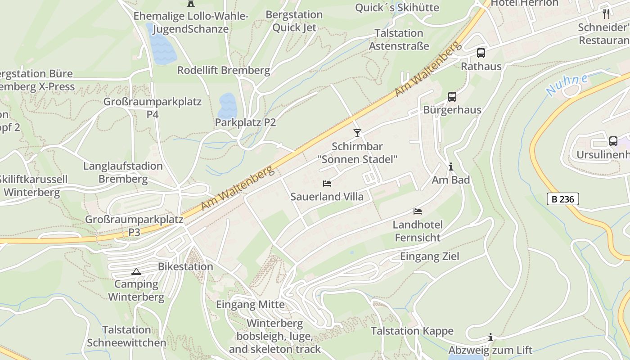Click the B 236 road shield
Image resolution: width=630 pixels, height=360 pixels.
(x=562, y=199)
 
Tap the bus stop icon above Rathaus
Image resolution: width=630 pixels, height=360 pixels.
(x=481, y=53)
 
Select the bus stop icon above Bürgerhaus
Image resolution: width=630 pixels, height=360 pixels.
(x=452, y=97)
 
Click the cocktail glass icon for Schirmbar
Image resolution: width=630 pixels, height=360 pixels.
(x=357, y=133)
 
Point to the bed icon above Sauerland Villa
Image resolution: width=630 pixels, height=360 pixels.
(x=327, y=184)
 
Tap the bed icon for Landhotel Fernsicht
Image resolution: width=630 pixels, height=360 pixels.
(x=418, y=211)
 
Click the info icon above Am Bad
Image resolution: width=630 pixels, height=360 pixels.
(x=451, y=167)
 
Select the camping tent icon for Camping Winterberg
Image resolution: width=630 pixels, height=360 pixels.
(x=136, y=271)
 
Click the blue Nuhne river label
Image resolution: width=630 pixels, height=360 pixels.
(x=567, y=85)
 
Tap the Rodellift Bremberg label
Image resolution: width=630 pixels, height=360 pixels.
(x=224, y=71)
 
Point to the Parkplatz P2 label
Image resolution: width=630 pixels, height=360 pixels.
(x=245, y=122)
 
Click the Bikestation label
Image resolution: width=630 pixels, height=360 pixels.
(x=185, y=266)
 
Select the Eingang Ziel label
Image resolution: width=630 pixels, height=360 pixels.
(x=430, y=256)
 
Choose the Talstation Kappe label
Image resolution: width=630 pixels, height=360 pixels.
(x=412, y=331)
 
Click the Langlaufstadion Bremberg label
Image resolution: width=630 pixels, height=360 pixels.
(x=123, y=172)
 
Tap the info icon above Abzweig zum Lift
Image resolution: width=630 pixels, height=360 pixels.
(x=490, y=337)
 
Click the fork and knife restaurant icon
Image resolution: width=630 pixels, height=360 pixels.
(x=606, y=14)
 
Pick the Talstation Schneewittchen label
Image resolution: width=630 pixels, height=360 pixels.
(x=126, y=336)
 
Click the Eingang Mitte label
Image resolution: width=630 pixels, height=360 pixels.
(x=250, y=305)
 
